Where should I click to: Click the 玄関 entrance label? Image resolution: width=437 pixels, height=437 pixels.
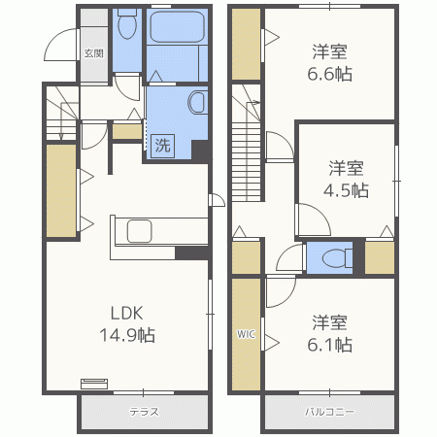(x=94, y=53)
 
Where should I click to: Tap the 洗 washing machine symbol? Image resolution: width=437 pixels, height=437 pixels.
(x=162, y=146)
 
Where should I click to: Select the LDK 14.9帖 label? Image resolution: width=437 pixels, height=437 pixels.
(x=127, y=324)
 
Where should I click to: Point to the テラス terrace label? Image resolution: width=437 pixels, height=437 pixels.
(x=145, y=412)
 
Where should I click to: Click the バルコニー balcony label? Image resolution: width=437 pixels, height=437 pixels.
(x=329, y=412)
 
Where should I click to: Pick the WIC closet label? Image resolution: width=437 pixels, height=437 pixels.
(x=246, y=334)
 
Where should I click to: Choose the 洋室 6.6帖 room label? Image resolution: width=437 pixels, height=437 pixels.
(x=329, y=63)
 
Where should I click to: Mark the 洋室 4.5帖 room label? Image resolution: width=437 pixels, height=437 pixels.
(x=346, y=179)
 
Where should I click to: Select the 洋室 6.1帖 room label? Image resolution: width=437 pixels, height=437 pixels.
(x=329, y=334)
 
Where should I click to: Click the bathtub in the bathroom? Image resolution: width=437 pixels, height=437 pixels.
(x=177, y=27)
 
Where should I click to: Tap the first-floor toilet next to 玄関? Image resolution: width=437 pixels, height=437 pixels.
(x=127, y=23)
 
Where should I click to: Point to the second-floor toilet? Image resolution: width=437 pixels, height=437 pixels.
(x=337, y=258)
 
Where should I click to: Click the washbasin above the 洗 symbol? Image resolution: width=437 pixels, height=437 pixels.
(x=197, y=102)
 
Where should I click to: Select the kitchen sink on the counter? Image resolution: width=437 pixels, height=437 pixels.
(x=140, y=231)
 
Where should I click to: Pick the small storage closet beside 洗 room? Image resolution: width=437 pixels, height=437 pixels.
(x=127, y=131)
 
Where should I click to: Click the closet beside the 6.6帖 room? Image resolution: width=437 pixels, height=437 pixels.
(x=247, y=44)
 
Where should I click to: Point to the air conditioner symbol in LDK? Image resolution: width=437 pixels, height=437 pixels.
(x=94, y=384)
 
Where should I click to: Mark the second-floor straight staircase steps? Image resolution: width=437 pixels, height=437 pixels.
(x=247, y=162)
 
